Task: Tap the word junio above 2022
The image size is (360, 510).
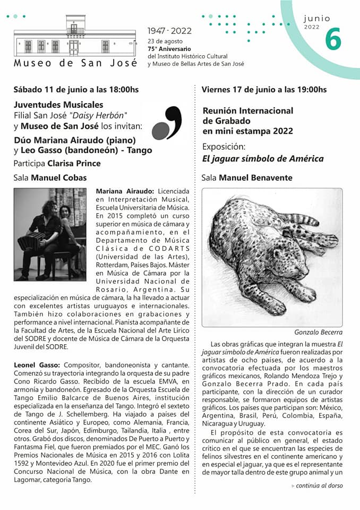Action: pos(317,19)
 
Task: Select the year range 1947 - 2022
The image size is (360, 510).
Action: pos(170,31)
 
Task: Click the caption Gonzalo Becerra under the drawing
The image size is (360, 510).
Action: pos(318,332)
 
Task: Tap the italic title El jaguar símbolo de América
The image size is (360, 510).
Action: pos(263,158)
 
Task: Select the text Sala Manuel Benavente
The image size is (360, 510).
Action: pos(247,178)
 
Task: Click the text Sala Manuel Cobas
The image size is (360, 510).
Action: pos(50,177)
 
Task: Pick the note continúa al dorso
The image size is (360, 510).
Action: pos(319,485)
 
